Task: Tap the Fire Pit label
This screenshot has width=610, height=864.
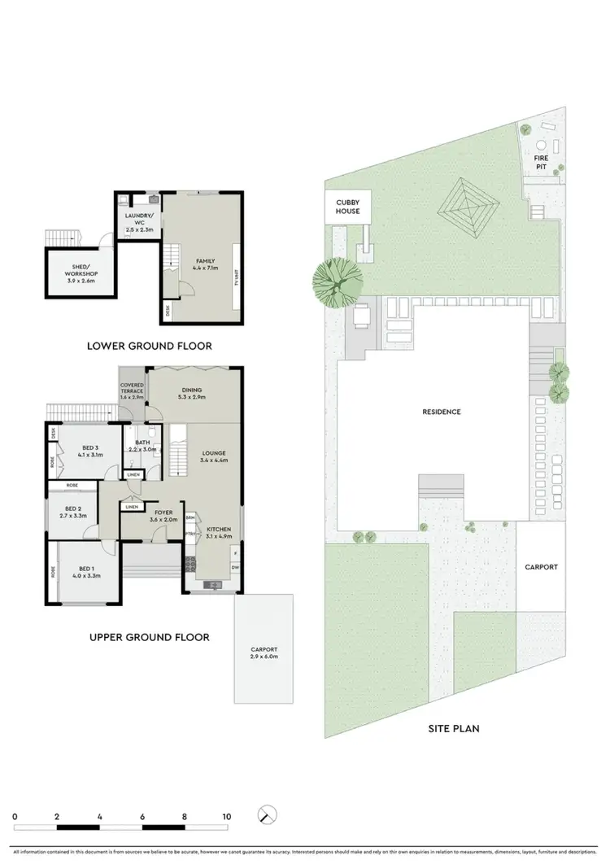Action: (541, 162)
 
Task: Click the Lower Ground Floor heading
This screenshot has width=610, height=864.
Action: (149, 346)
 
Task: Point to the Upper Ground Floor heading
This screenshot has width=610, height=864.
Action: (149, 637)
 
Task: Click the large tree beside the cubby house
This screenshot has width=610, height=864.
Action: (338, 282)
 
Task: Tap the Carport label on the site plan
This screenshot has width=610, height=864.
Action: (541, 567)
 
